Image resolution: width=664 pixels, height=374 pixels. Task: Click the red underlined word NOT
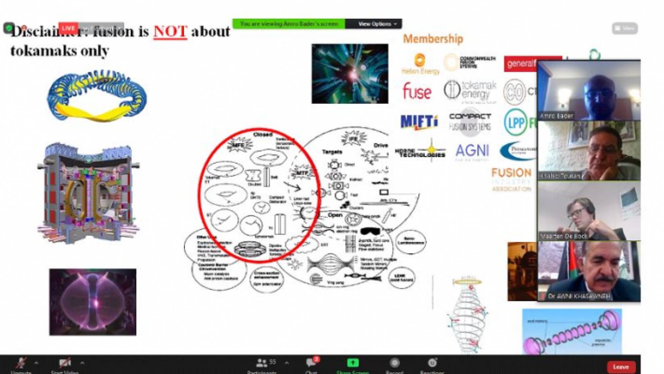point(170,32)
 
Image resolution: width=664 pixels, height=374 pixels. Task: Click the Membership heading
point(433,39)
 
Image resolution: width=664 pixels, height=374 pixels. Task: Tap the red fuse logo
point(417,91)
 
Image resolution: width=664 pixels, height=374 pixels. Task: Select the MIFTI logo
point(419,122)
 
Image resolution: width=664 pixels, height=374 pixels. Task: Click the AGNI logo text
point(472,151)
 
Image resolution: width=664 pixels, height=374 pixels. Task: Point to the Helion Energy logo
point(420,64)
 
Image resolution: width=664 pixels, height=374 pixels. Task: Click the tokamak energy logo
point(470,91)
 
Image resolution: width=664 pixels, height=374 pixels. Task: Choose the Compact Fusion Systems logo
point(470,122)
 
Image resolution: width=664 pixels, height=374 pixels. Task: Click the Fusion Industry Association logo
point(511,179)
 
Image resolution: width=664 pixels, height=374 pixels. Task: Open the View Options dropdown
point(377,24)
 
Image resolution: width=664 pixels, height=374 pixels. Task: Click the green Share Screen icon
point(353,363)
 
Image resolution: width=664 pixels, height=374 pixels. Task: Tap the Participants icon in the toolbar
point(262,363)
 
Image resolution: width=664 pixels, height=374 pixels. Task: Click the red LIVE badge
point(68,28)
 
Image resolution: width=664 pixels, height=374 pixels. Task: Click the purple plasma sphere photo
point(93,302)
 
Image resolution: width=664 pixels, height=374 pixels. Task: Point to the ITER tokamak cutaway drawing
point(89,193)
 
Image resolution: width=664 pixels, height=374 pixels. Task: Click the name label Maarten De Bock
point(564,236)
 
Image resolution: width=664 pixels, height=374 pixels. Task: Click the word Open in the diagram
point(335,215)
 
